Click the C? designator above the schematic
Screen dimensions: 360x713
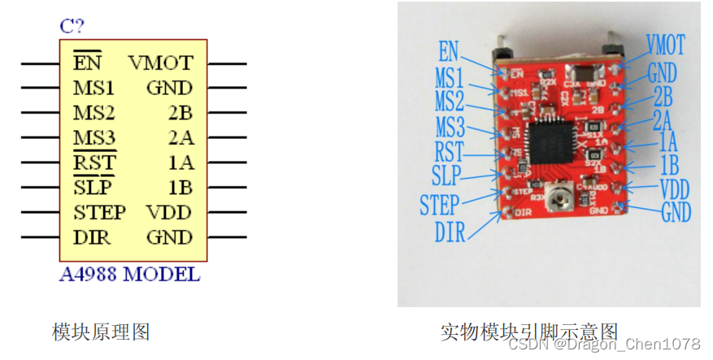click(x=72, y=25)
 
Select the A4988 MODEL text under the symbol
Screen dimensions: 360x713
click(x=129, y=274)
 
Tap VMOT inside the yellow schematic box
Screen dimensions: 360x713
click(x=160, y=63)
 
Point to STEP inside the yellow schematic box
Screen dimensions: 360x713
click(x=99, y=213)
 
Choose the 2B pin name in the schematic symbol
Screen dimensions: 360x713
click(x=180, y=112)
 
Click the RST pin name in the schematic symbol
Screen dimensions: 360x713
click(x=94, y=163)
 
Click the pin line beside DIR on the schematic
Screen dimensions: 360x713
click(x=39, y=238)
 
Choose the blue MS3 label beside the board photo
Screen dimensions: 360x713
click(x=450, y=127)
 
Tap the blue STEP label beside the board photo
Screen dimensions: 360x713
click(x=439, y=204)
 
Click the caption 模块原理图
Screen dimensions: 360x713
click(x=101, y=332)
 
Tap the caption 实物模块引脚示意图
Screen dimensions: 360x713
click(x=529, y=332)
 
